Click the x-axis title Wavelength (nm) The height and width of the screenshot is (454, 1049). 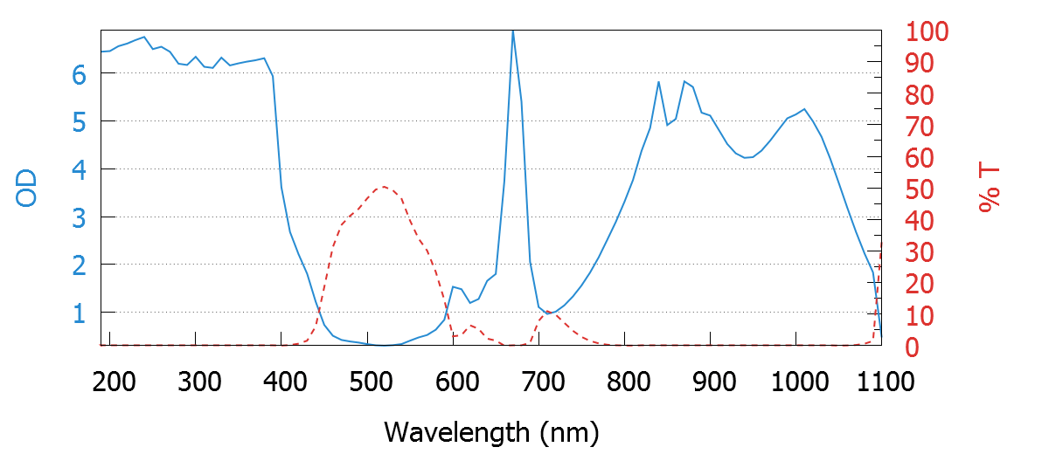pos(490,431)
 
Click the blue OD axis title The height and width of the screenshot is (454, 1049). pos(28,189)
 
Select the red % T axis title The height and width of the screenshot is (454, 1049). pos(989,189)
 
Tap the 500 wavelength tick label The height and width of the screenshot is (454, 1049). pos(368,382)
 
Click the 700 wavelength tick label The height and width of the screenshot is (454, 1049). pos(539,382)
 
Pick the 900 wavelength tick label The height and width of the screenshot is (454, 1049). pos(712,382)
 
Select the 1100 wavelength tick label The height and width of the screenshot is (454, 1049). pos(879,382)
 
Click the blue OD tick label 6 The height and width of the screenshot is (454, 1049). pos(80,74)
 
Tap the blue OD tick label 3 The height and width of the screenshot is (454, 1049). pos(80,217)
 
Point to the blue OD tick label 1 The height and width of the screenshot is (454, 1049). pos(80,312)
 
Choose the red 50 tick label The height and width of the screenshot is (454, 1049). pos(918,189)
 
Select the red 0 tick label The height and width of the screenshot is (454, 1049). pos(912,347)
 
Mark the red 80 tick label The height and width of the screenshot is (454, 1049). pos(918,95)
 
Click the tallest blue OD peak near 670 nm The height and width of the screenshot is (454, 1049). pos(512,31)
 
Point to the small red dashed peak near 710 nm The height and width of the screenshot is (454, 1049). pos(547,312)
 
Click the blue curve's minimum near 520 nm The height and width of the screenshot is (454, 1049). pos(385,345)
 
